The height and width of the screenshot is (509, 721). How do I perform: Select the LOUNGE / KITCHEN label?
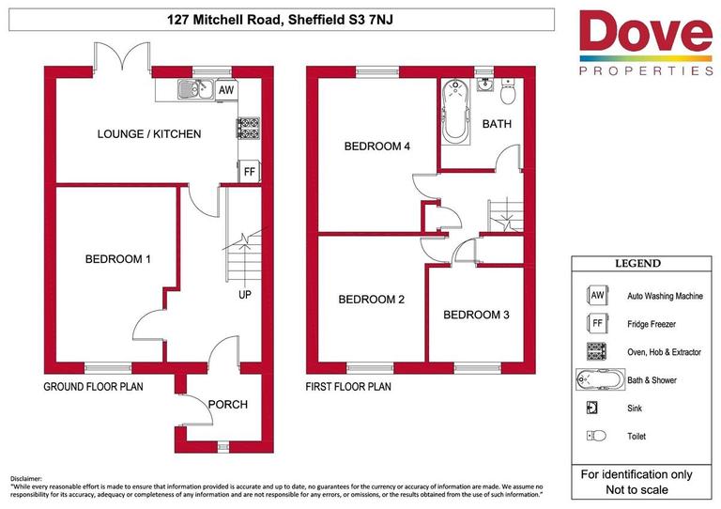[149, 134]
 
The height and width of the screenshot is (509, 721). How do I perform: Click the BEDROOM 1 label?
[118, 259]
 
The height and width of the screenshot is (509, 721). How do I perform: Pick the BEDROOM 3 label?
[476, 315]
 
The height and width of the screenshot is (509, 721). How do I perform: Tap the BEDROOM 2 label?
[371, 300]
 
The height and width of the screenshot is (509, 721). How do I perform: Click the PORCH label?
[228, 405]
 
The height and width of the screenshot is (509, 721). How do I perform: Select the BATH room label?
[497, 124]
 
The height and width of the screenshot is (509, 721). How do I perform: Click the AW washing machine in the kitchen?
[225, 89]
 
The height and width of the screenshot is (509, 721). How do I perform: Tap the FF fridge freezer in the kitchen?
[250, 172]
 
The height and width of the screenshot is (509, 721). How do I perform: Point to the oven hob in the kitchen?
[249, 127]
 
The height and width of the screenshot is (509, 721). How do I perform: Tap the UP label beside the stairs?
[245, 294]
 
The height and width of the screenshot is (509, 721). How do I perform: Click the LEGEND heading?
[637, 264]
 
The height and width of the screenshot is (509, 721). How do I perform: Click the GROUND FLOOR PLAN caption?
[93, 387]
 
